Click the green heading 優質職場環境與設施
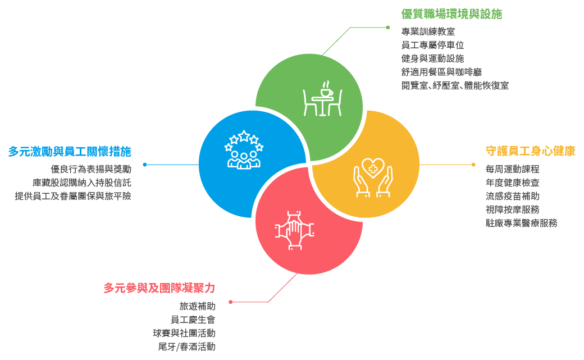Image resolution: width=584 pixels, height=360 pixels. click(451, 13)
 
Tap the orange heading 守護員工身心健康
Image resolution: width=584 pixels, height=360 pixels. click(530, 151)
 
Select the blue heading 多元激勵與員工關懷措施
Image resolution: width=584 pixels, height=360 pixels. click(70, 151)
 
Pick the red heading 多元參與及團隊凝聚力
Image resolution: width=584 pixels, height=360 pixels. click(159, 288)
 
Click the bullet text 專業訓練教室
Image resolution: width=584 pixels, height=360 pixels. click(428, 31)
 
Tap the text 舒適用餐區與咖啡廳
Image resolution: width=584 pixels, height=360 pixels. click(441, 72)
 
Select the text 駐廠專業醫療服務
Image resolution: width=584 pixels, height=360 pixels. click(521, 223)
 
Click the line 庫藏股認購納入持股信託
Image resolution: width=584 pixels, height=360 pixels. click(81, 183)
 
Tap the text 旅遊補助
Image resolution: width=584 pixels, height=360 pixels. click(197, 306)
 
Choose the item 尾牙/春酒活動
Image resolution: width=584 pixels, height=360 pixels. click(186, 347)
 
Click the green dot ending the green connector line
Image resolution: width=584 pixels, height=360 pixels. click(387, 27)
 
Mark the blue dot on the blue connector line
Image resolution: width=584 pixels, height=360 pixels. click(145, 165)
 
